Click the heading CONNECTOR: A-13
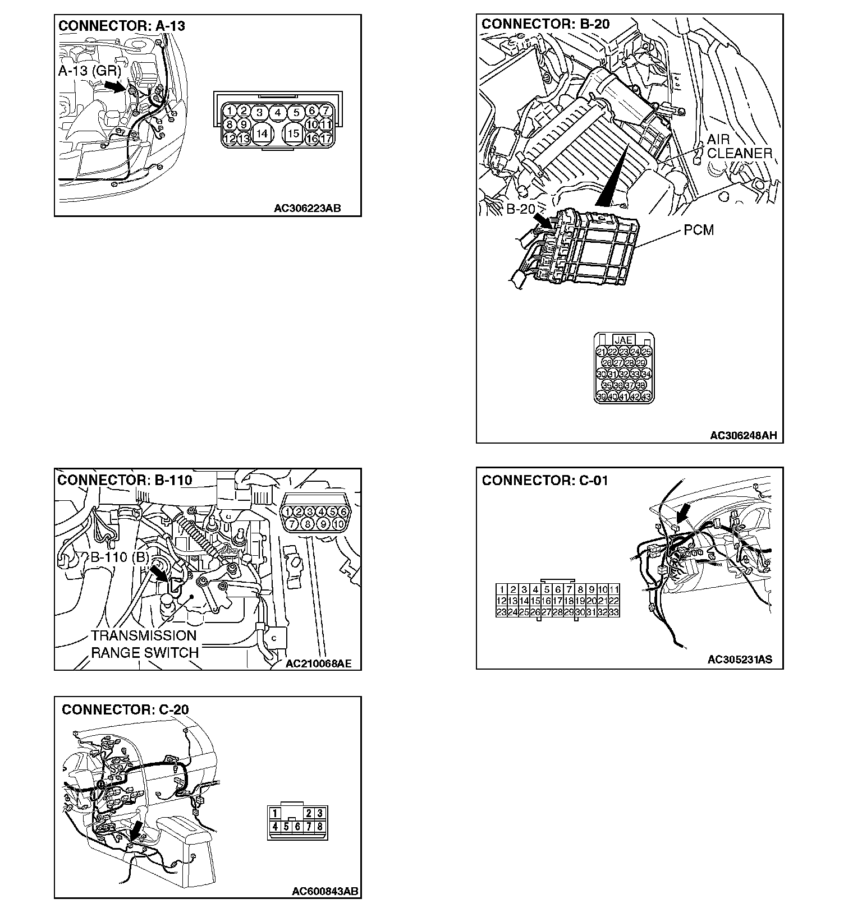point(121,26)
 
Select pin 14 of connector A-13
point(262,133)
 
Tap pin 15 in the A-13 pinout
point(293,133)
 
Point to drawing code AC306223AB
point(307,209)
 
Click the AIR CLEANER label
point(739,146)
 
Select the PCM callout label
point(699,230)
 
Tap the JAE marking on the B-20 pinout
point(623,340)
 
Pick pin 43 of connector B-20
point(646,397)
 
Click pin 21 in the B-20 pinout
point(601,352)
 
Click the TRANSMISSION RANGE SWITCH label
point(145,644)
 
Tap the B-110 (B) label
point(120,557)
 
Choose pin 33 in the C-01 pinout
point(613,612)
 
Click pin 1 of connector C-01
point(502,589)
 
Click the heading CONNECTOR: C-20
point(125,709)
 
